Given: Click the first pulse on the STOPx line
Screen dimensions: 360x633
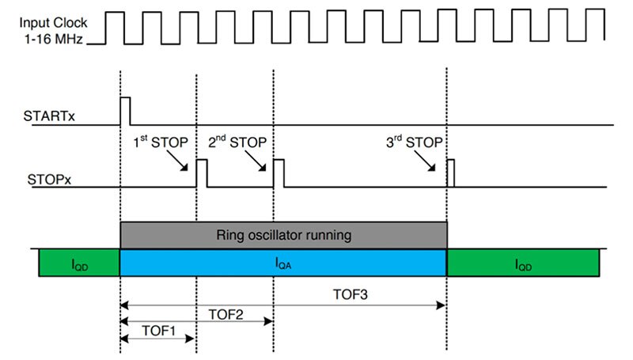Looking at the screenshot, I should (x=201, y=173).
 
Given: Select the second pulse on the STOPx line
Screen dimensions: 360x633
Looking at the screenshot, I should (x=278, y=173).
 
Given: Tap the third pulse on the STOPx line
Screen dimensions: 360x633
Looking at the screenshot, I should (x=450, y=173).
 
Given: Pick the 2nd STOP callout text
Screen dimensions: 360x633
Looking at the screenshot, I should (x=237, y=142).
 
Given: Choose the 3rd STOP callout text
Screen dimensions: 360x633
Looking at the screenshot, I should (x=411, y=142).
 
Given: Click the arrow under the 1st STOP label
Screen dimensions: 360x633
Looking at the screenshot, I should (x=180, y=162).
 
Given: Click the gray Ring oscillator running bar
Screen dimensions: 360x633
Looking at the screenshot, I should (x=283, y=235).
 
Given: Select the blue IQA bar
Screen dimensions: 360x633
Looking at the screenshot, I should (x=283, y=263).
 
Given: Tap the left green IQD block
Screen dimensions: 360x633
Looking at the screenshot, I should (x=79, y=263).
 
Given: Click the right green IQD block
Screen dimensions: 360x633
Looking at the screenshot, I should (x=523, y=263).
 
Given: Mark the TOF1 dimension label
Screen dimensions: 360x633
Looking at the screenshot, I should (x=158, y=329).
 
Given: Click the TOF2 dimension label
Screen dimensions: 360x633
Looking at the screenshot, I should (x=225, y=313).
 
